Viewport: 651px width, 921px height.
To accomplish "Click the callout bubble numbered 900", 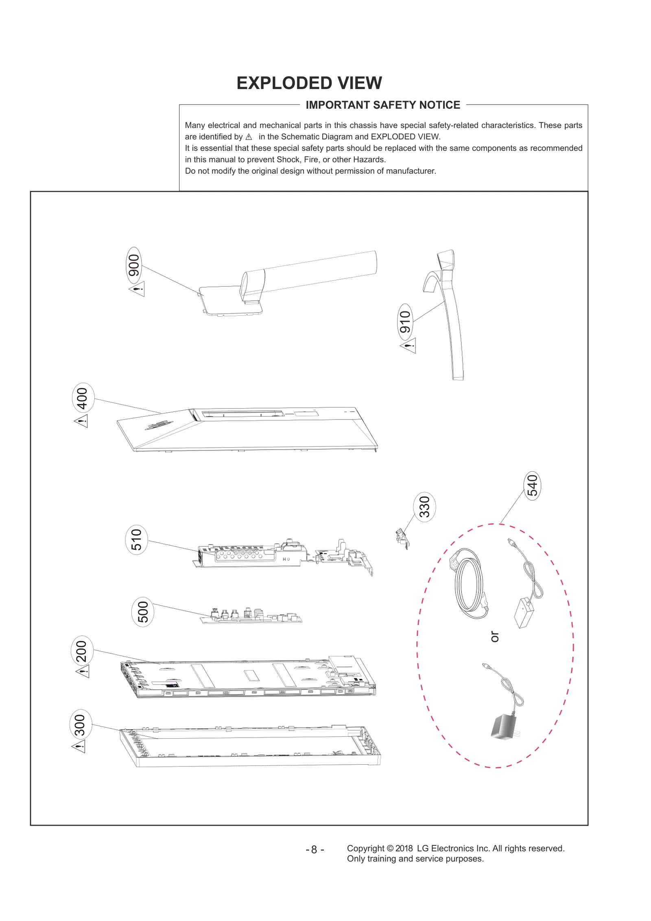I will pos(134,265).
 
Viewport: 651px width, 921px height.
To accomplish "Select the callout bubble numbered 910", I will pos(405,322).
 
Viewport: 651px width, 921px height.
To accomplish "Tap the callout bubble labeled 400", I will pos(83,398).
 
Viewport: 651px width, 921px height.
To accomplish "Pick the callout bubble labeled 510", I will pos(136,540).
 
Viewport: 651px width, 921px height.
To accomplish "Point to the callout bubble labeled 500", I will pos(143,612).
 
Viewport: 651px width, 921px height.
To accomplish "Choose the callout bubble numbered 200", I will pos(82,651).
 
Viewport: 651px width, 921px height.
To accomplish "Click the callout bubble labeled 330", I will pos(424,507).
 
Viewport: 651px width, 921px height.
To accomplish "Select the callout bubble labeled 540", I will pos(532,486).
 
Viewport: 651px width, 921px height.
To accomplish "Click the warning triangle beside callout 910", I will pos(409,346).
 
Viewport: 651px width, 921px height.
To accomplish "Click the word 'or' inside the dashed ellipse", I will pos(494,637).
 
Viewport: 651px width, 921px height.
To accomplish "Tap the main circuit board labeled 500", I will pos(251,616).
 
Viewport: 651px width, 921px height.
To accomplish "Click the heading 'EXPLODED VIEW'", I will pos(309,83).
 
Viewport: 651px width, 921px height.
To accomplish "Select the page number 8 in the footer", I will pos(314,850).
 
